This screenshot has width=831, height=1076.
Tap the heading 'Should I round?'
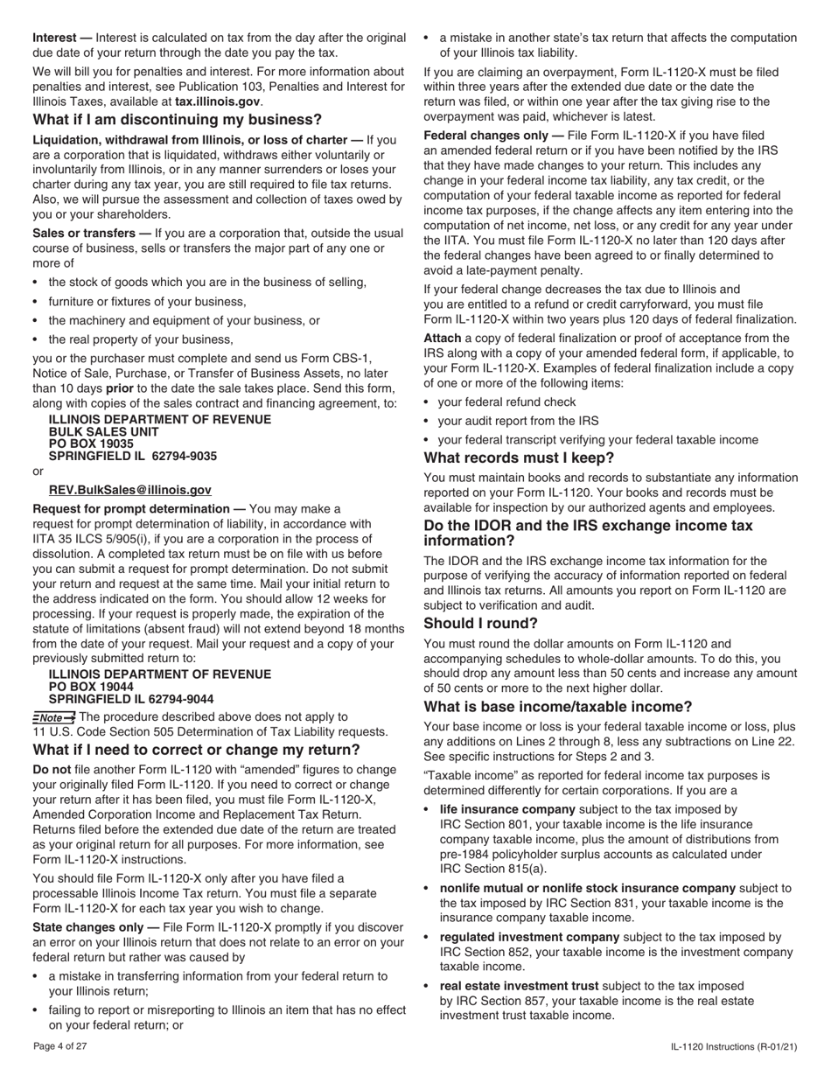(480, 624)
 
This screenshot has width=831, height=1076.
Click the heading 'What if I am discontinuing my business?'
(177, 120)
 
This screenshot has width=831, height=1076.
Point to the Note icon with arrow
(53, 717)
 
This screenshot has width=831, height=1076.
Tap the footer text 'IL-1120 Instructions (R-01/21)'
(734, 1046)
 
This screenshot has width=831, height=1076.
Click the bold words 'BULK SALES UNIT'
(103, 432)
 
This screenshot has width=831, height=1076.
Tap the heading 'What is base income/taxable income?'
(558, 707)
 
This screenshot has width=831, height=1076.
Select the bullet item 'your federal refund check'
(506, 402)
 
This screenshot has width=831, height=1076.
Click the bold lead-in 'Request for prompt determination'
(131, 509)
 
